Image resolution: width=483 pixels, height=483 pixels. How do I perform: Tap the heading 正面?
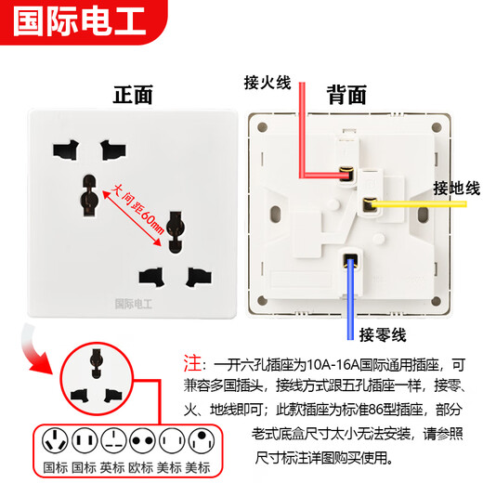coord(132,95)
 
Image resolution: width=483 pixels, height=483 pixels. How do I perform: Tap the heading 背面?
coord(346,95)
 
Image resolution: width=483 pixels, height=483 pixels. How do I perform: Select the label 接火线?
coord(268,81)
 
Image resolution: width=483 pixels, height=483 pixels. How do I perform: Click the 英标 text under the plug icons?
coord(113,468)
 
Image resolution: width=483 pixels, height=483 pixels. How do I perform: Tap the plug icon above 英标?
coord(113,440)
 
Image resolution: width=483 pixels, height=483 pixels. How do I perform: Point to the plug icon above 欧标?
coord(142,440)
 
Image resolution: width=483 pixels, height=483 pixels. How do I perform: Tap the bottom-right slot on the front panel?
coord(195,276)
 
